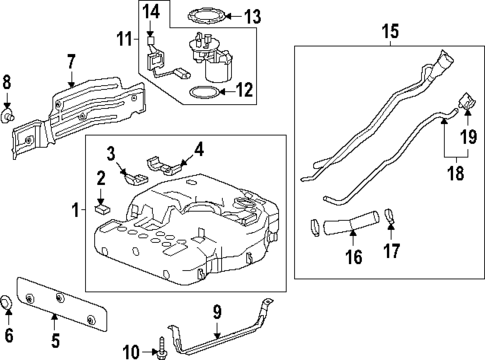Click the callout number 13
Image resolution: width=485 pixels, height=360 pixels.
252,15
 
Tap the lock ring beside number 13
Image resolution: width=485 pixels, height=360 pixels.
206,16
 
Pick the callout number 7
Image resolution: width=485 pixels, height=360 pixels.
70,61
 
